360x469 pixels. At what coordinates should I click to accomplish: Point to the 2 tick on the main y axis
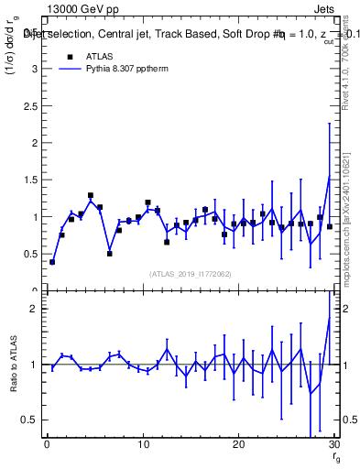point(38,143)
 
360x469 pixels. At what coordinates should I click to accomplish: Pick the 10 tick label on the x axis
point(142,444)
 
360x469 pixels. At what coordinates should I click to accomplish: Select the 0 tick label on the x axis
point(46,444)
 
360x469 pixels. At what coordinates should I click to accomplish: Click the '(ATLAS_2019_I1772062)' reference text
point(190,273)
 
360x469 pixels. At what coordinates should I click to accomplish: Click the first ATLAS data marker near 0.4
point(52,262)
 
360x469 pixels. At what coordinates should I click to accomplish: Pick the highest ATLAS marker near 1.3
point(91,195)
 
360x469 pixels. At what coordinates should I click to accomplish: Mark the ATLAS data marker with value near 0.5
point(109,253)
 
